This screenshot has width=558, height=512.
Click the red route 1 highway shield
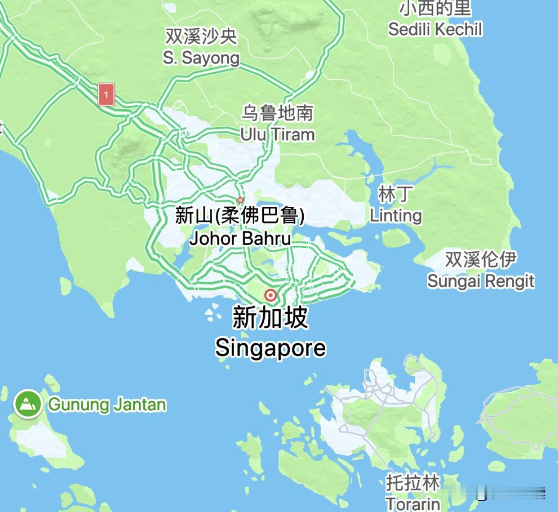point(106,95)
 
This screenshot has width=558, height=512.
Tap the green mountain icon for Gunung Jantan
point(28,404)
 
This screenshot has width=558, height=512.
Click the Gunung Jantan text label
point(107,405)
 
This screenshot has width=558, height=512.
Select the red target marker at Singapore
point(270,295)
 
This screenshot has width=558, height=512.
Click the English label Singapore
point(270,348)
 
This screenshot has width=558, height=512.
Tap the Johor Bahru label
point(240,238)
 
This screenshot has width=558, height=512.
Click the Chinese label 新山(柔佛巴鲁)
point(240,216)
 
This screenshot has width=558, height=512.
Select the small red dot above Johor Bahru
point(240,200)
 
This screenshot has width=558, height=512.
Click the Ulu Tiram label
point(277,134)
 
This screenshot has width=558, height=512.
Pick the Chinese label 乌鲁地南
point(277,113)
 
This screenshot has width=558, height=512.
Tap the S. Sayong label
point(201,58)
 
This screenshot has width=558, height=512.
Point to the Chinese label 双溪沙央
point(201,36)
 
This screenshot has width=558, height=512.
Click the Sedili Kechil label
point(435,30)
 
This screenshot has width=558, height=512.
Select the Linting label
point(396,216)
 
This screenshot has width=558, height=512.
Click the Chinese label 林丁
point(394,195)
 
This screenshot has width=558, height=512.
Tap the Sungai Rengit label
point(481,281)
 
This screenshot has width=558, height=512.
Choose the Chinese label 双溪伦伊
point(481,259)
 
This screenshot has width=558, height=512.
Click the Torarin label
point(412,503)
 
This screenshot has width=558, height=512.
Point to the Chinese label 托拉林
point(412,483)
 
